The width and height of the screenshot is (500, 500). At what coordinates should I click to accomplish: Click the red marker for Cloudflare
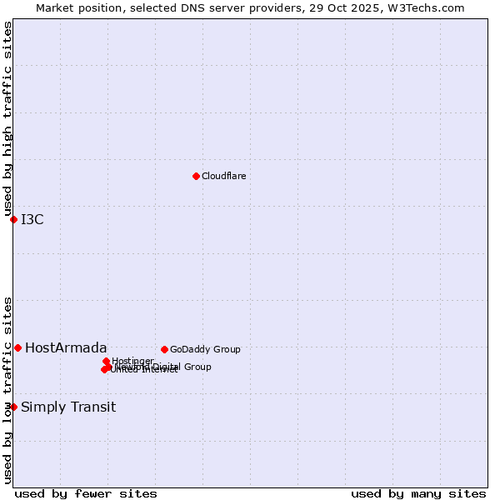(196, 176)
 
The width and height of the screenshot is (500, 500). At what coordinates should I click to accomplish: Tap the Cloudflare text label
(223, 176)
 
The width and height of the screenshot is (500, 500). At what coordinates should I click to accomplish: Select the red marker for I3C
(13, 219)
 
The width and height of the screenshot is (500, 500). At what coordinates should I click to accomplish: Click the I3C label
(32, 219)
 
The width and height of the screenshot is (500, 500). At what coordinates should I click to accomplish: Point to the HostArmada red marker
(17, 347)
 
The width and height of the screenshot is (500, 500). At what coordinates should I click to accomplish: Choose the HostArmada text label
(66, 347)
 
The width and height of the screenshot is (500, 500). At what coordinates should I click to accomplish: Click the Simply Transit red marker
(13, 407)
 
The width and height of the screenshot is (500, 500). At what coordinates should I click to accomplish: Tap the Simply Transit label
(68, 407)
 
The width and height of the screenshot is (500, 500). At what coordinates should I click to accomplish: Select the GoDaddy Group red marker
(164, 349)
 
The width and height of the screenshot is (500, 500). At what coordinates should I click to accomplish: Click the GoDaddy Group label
(205, 349)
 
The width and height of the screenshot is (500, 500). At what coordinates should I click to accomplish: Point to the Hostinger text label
(133, 360)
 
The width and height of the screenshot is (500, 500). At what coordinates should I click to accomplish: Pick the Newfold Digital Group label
(167, 366)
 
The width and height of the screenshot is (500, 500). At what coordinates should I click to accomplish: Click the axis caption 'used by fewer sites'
(86, 493)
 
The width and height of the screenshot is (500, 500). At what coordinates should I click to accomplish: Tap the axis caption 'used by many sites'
(418, 493)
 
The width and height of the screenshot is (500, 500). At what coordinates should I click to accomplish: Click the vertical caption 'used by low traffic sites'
(7, 389)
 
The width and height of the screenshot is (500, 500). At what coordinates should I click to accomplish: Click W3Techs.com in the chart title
(430, 7)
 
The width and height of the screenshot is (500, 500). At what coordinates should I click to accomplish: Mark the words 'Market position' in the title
(73, 7)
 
